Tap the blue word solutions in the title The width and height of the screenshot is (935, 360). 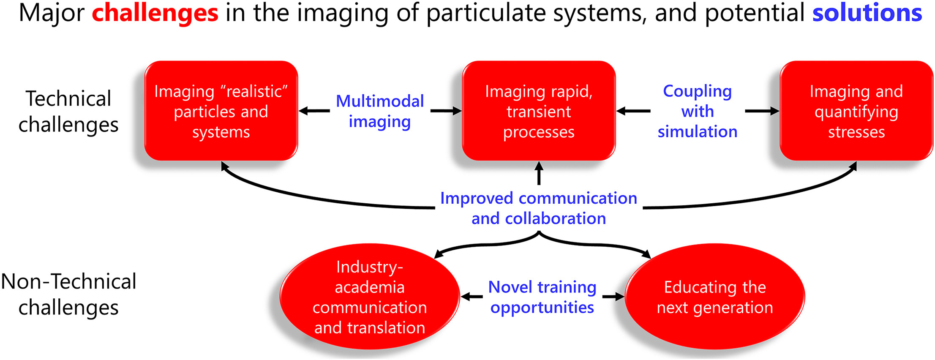click(867, 13)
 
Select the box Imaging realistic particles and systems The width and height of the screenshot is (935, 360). click(221, 111)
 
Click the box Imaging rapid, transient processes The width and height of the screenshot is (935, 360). click(539, 111)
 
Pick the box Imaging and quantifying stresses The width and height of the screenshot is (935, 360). click(856, 111)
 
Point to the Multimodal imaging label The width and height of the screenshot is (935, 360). click(380, 112)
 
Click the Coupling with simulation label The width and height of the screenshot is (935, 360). click(698, 111)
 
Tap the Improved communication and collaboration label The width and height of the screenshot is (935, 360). click(539, 208)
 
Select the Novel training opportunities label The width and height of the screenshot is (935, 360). click(542, 297)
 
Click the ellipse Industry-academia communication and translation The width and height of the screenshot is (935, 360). click(370, 297)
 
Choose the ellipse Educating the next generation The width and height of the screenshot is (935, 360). click(715, 297)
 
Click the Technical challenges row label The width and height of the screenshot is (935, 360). click(68, 112)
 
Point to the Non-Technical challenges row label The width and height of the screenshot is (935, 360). click(68, 295)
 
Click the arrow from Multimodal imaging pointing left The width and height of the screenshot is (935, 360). click(314, 111)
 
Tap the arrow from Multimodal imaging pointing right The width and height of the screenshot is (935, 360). click(446, 111)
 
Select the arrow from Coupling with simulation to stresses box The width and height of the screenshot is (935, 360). click(762, 111)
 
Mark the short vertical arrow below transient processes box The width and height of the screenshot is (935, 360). click(539, 173)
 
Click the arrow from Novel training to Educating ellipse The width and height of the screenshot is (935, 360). click(613, 297)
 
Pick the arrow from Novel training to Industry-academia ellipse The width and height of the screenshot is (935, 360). click(472, 297)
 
